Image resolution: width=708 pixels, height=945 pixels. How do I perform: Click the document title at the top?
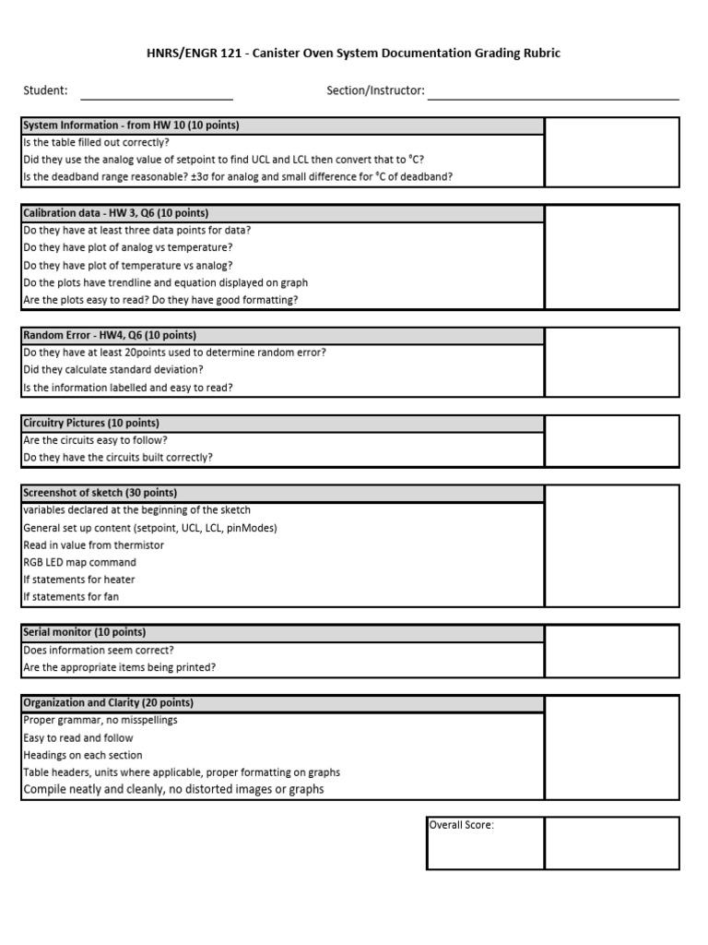[x=354, y=54]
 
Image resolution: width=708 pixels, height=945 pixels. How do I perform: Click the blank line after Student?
[x=157, y=91]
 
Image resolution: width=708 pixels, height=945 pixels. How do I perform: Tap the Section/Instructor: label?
[x=375, y=90]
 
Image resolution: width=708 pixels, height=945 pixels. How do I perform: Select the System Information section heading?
[x=131, y=126]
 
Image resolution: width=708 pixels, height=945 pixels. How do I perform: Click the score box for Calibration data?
[x=611, y=257]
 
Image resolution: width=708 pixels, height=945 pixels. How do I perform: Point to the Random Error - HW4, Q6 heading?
[x=110, y=335]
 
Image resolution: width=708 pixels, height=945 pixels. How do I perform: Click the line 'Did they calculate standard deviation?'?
[x=113, y=370]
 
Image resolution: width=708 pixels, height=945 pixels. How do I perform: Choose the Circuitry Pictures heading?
[x=91, y=423]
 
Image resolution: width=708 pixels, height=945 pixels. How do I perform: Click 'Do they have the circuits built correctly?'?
[x=118, y=458]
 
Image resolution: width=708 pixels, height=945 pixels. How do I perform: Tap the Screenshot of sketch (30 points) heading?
[x=100, y=493]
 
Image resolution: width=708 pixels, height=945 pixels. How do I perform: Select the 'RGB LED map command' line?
[x=79, y=562]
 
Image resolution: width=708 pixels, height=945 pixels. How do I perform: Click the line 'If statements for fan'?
[x=71, y=597]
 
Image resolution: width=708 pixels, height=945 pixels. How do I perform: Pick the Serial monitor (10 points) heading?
[x=84, y=632]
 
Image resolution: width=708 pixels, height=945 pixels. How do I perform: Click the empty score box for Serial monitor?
[x=611, y=650]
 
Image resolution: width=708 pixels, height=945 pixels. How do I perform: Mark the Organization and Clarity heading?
[x=108, y=702]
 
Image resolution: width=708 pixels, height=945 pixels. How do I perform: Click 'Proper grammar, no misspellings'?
[x=100, y=720]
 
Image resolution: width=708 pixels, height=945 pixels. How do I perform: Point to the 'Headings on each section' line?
[x=83, y=755]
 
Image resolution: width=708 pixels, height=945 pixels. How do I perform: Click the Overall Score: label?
[x=462, y=825]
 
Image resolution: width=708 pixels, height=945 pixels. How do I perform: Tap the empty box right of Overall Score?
[x=611, y=843]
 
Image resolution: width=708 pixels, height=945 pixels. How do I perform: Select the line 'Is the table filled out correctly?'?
[x=96, y=143]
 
